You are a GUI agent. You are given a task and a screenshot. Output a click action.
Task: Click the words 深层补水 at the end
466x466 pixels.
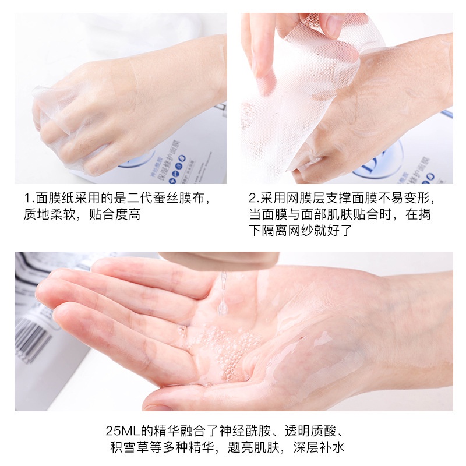pyautogui.click(x=326, y=449)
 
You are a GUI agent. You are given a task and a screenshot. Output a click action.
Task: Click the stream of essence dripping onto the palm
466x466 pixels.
pyautogui.click(x=223, y=294)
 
